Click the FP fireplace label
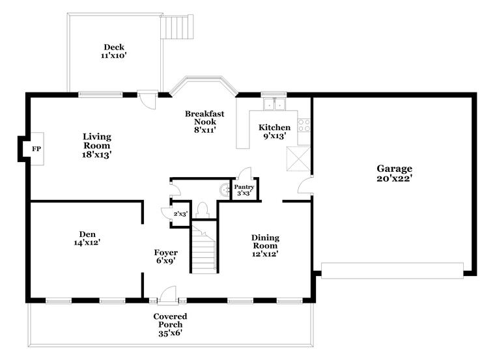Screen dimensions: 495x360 tap(36, 149)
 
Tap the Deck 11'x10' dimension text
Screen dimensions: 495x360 tap(114, 56)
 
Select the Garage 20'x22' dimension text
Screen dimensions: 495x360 tap(395, 178)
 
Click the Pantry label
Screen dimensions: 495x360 tap(244, 187)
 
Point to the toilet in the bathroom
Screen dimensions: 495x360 tap(203, 210)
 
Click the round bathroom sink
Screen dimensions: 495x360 tap(225, 189)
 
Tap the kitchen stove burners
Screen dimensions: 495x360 tap(304, 125)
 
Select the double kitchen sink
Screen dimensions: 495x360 tap(274, 104)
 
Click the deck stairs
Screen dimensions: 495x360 tap(177, 27)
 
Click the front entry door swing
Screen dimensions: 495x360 tap(168, 295)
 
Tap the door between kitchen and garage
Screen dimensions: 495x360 tap(305, 185)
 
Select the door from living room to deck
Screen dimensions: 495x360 tap(148, 100)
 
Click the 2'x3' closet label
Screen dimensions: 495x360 tap(181, 214)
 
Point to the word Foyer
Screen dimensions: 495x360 tap(165, 253)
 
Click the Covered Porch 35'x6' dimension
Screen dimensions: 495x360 tap(171, 333)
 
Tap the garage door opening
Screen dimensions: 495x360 tap(392, 271)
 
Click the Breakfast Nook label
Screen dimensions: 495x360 tap(205, 118)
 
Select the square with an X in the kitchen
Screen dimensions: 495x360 tap(298, 159)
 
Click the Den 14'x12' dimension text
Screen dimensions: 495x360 tap(87, 243)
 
